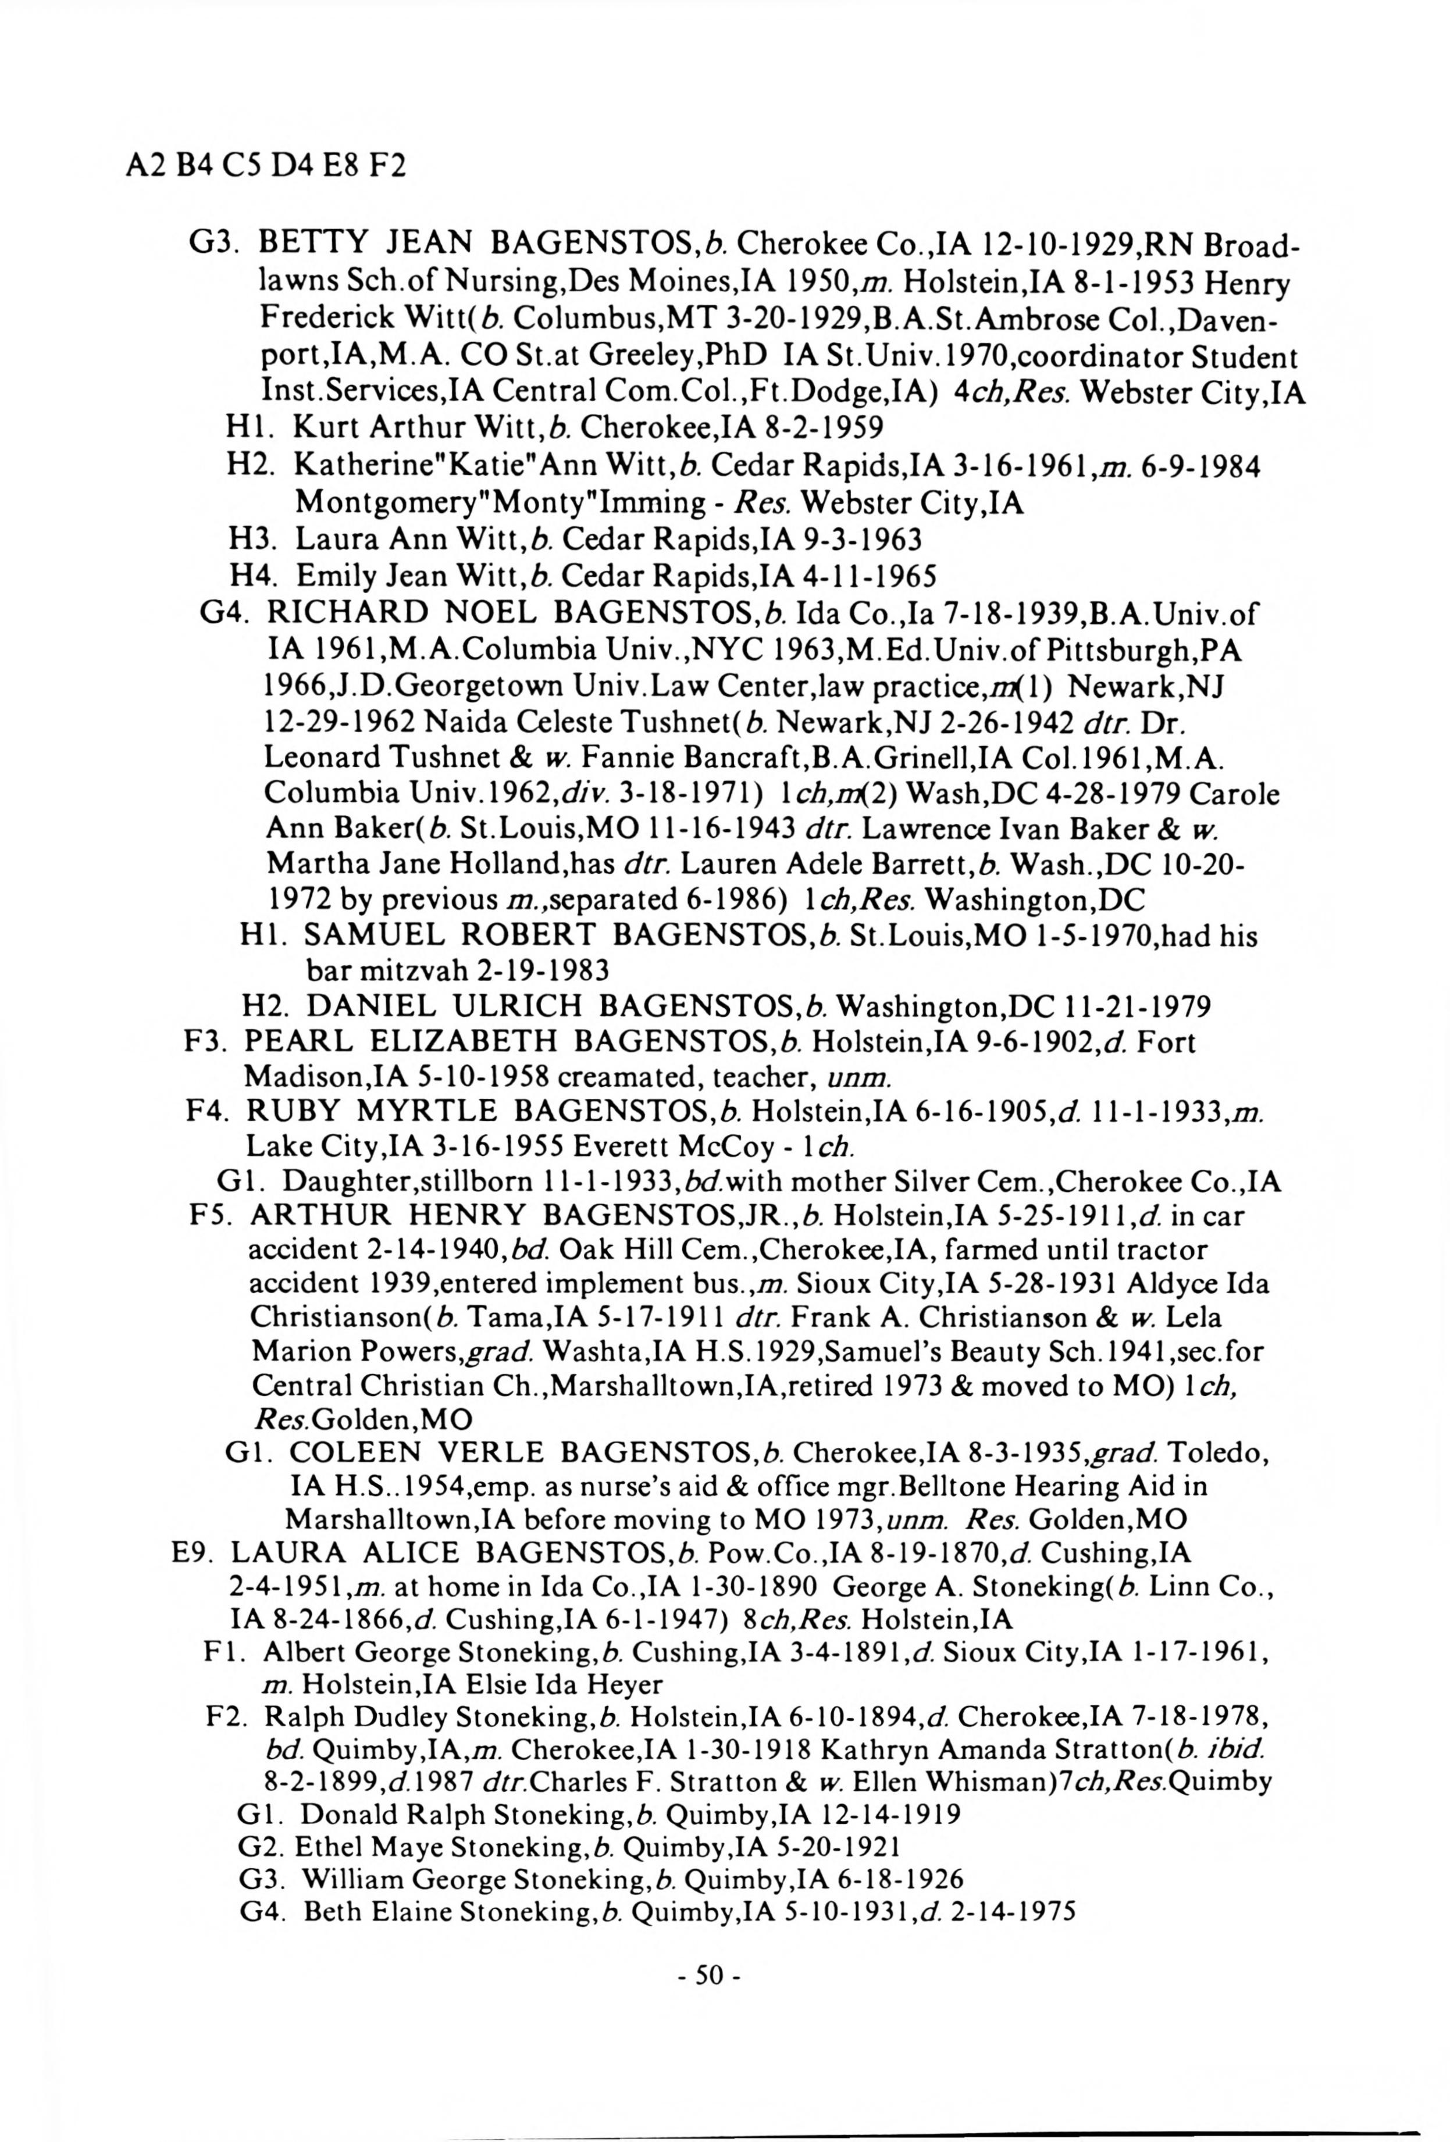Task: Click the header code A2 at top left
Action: [x=141, y=168]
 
